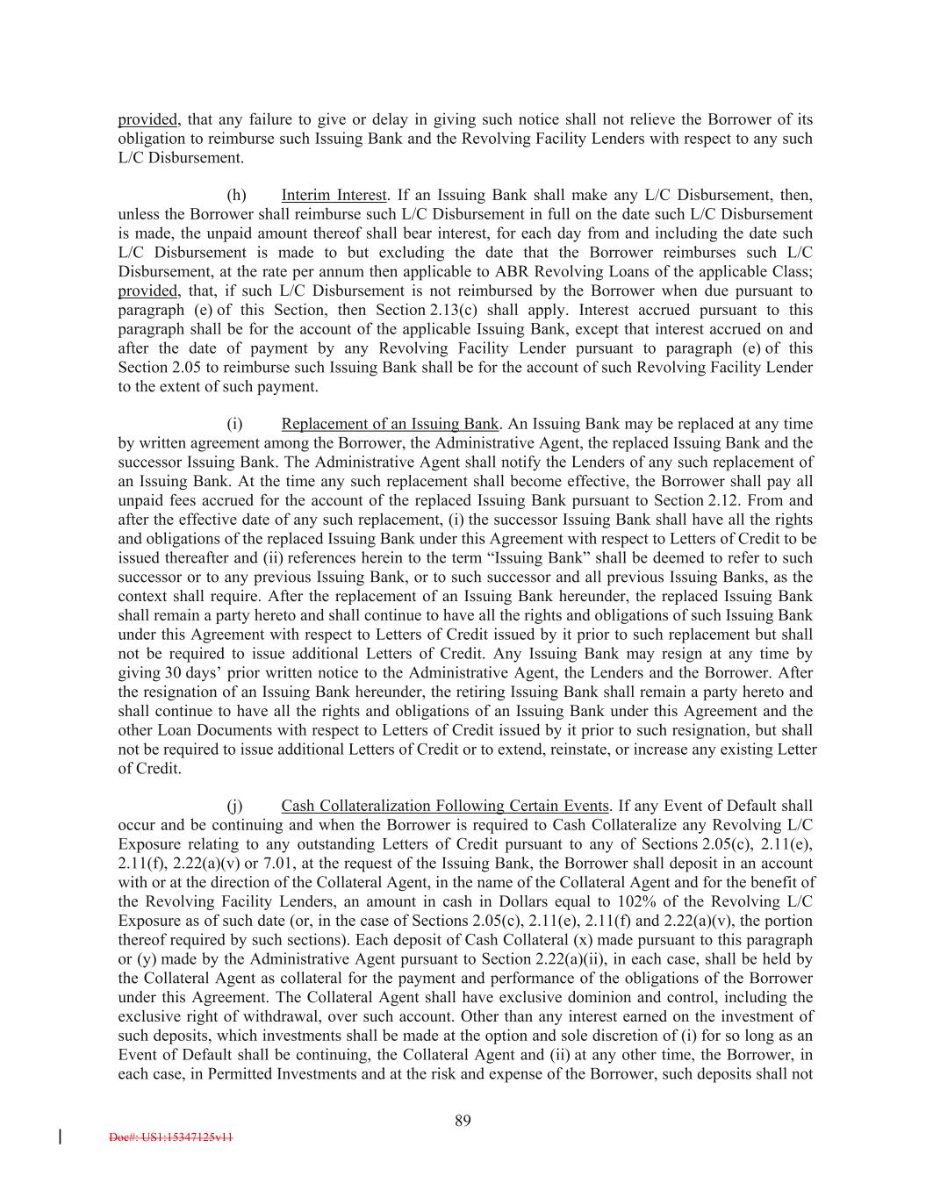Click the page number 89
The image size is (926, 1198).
point(463,1120)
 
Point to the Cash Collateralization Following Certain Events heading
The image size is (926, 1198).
point(445,806)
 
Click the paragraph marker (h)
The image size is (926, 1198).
point(235,195)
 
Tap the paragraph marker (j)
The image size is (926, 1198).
point(234,806)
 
